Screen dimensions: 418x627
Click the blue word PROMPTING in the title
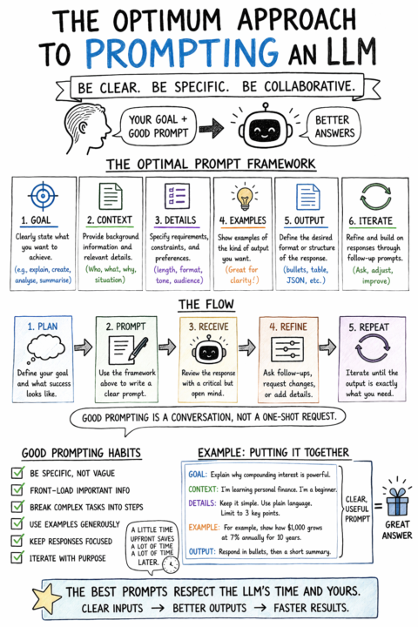click(x=182, y=53)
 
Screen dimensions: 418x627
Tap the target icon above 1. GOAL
click(x=43, y=196)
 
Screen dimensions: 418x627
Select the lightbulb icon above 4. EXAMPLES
click(x=244, y=196)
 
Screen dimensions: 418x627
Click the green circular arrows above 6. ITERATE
click(x=375, y=197)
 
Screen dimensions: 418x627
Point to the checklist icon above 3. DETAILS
click(x=177, y=196)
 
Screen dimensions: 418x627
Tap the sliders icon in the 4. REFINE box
click(x=287, y=349)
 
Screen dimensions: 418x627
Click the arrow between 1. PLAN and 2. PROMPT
click(x=84, y=347)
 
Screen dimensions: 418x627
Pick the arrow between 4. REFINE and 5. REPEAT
click(x=327, y=347)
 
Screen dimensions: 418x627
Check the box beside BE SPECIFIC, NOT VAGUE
click(x=17, y=473)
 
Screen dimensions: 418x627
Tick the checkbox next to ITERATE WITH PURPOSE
click(x=17, y=557)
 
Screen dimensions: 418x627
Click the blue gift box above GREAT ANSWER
click(x=397, y=502)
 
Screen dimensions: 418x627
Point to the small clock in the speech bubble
click(x=171, y=565)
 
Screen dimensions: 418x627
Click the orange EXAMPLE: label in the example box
click(x=204, y=527)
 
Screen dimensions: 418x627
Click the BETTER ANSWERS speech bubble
click(x=334, y=126)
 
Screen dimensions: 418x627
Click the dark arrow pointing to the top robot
click(x=212, y=128)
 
